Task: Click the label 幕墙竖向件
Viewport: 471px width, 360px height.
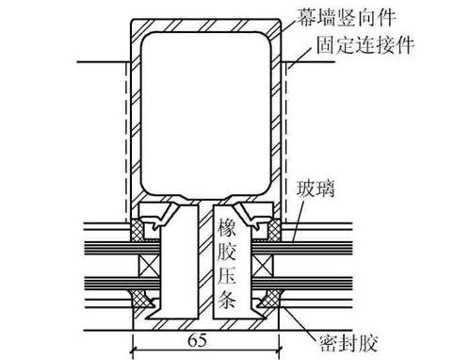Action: [x=347, y=17]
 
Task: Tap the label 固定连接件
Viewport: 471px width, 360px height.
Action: [x=365, y=45]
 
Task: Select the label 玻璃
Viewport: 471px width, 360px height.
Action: [x=316, y=188]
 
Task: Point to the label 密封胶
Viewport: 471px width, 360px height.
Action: [x=348, y=343]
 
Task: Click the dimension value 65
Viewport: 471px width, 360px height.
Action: [x=198, y=339]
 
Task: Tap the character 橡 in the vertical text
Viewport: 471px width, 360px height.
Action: [x=227, y=228]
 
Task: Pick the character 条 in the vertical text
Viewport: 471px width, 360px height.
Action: [x=227, y=299]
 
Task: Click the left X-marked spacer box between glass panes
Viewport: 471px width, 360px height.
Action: [x=149, y=266]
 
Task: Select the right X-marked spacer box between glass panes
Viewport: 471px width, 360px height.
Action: [x=263, y=266]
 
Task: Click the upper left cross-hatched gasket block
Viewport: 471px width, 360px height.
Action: [x=138, y=230]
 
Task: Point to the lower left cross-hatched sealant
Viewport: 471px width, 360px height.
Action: [x=141, y=299]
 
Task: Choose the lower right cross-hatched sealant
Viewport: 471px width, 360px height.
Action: [x=270, y=299]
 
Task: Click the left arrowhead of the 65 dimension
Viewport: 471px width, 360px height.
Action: [x=137, y=348]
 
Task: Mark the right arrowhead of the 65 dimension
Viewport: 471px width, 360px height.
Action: [x=276, y=348]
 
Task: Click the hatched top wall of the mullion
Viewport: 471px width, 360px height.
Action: [x=206, y=25]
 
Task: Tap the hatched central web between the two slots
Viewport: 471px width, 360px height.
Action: [x=205, y=260]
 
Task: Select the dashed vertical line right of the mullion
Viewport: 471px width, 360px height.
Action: [x=286, y=141]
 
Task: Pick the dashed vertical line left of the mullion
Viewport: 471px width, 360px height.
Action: [x=126, y=141]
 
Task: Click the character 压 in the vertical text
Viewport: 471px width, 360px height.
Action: [x=227, y=275]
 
